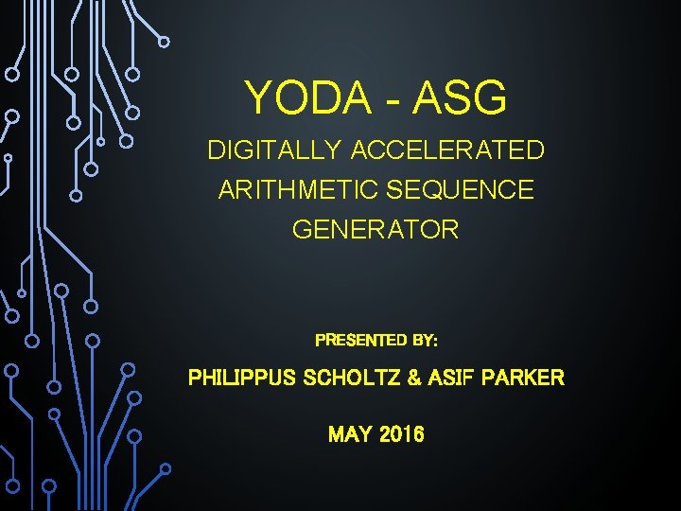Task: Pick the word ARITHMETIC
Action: pyautogui.click(x=298, y=190)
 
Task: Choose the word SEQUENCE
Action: pyautogui.click(x=460, y=190)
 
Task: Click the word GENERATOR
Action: pyautogui.click(x=375, y=230)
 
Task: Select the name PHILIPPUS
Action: pyautogui.click(x=240, y=379)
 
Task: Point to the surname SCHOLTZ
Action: pyautogui.click(x=350, y=379)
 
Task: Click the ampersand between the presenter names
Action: pyautogui.click(x=413, y=379)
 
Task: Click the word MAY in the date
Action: pyautogui.click(x=349, y=434)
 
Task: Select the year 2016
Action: pyautogui.click(x=401, y=434)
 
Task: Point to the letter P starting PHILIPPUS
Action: pyautogui.click(x=195, y=379)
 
